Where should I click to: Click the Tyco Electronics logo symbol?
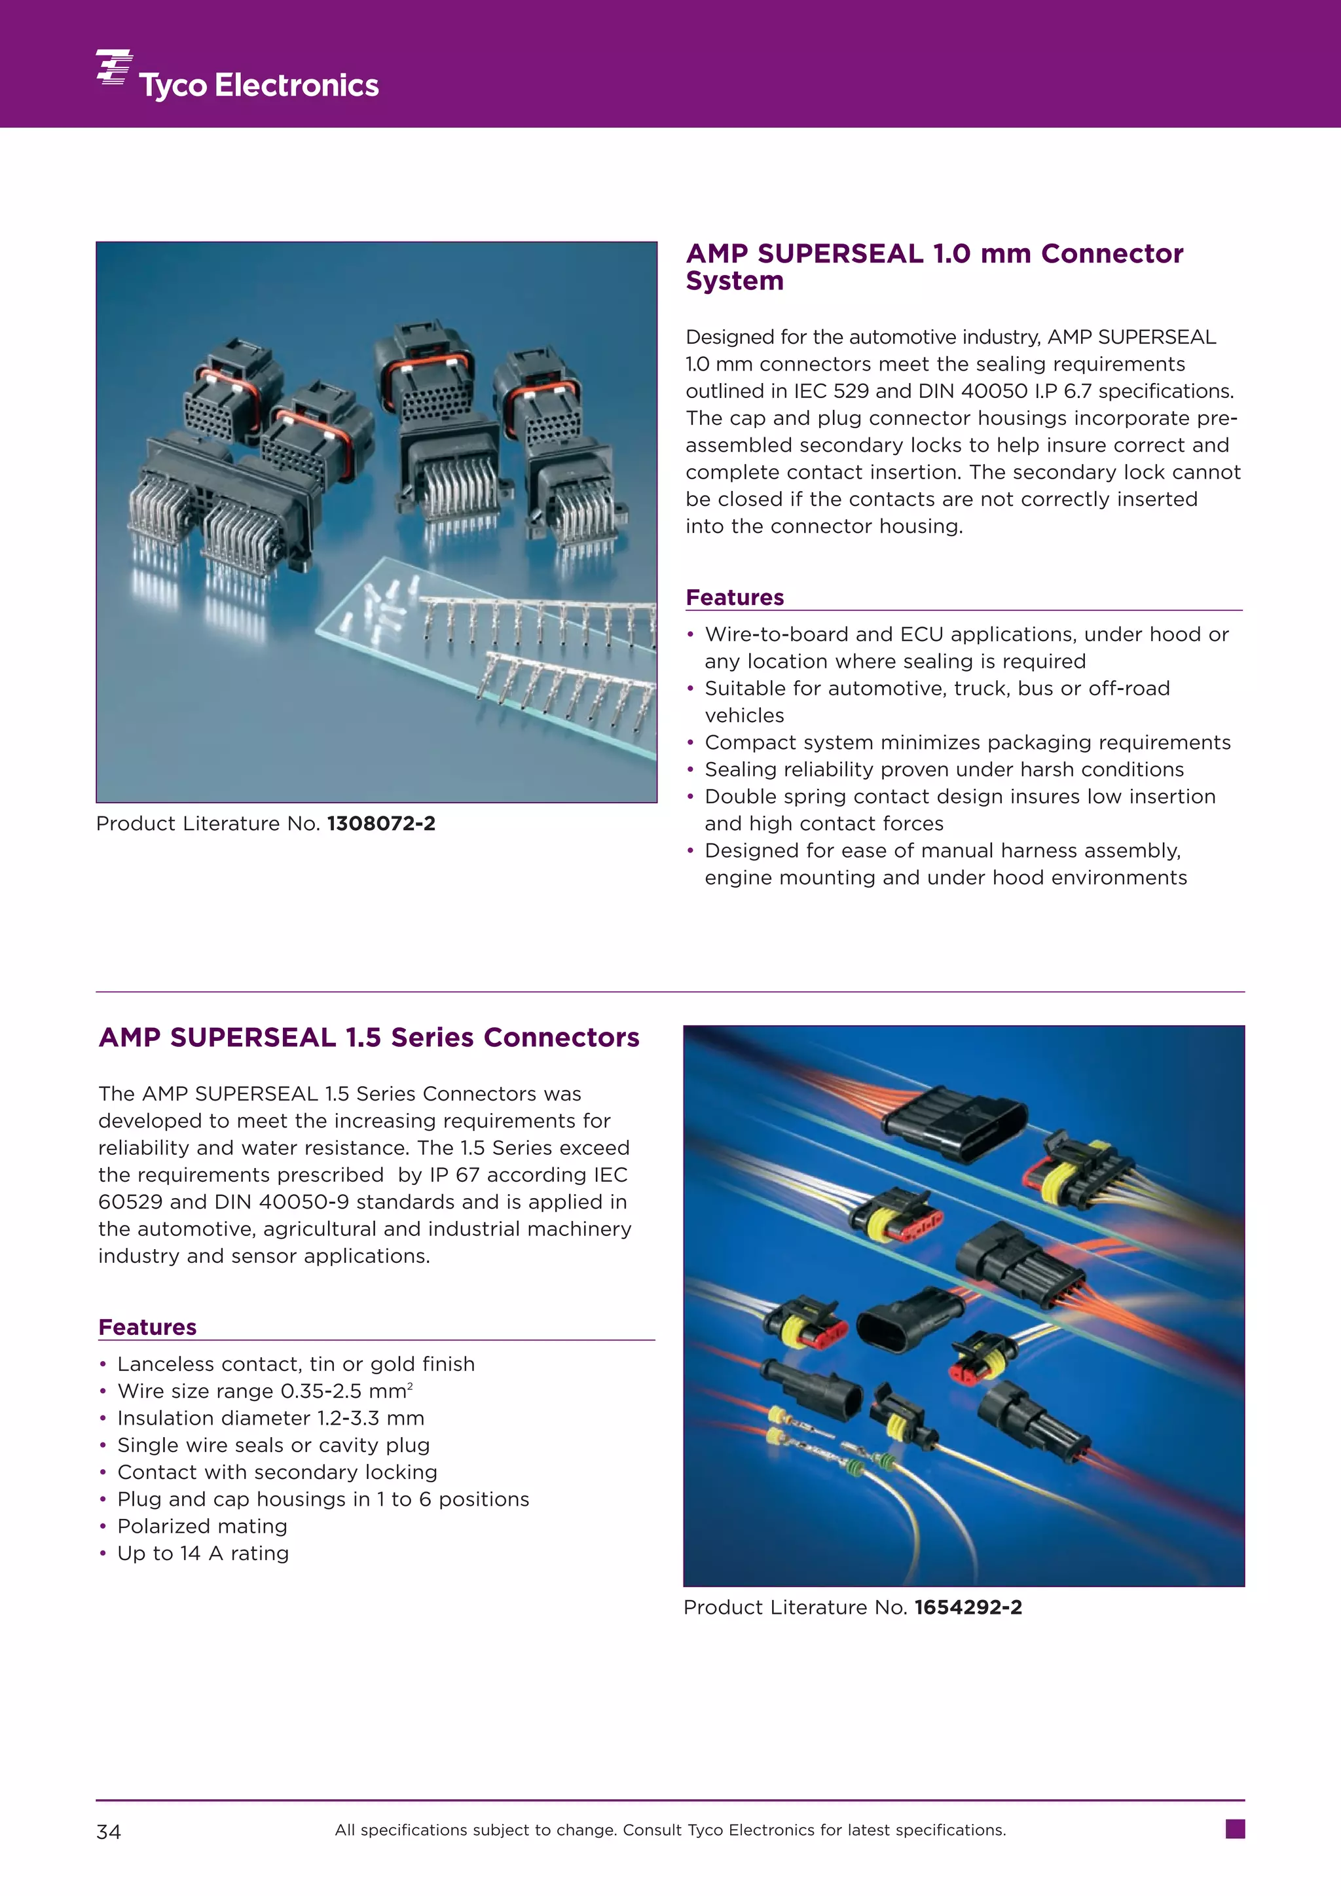[x=114, y=67]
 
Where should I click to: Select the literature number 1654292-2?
[x=968, y=1607]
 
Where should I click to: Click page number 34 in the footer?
[x=108, y=1832]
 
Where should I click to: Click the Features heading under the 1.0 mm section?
[x=734, y=597]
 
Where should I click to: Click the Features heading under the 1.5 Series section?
[x=147, y=1327]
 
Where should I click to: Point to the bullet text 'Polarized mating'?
[x=202, y=1526]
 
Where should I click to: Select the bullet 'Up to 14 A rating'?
[x=203, y=1554]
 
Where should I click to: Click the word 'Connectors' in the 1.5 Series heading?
[x=560, y=1037]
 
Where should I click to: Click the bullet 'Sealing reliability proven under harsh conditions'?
[x=944, y=770]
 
